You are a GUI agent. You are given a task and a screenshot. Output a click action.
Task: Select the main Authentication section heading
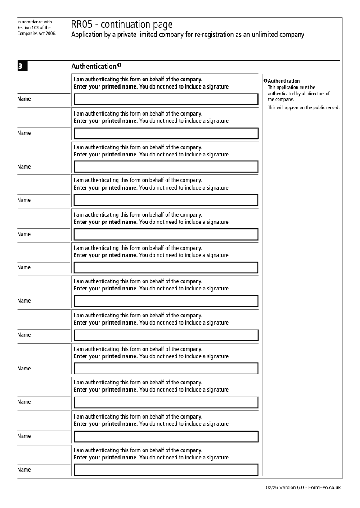pos(94,67)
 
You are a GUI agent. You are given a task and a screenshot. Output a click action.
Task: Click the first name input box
pos(166,99)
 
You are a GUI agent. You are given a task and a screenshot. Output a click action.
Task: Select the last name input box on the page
pos(166,470)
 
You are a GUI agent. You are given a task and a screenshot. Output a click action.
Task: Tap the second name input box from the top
pos(166,134)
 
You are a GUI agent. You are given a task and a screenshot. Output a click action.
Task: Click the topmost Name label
pos(24,98)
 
